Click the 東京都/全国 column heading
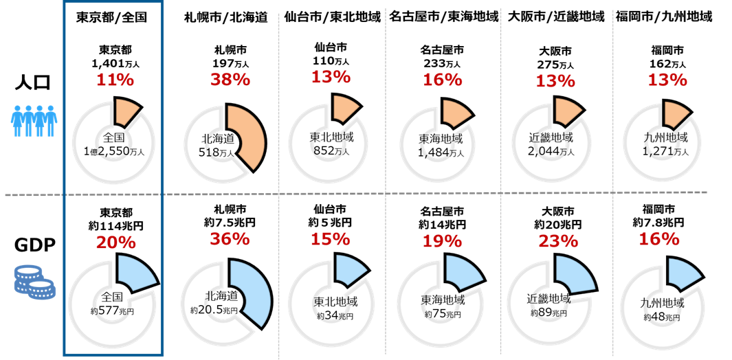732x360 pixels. click(x=113, y=17)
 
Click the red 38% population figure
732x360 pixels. click(x=230, y=80)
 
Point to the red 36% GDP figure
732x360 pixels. click(x=230, y=238)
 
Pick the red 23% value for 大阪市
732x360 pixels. click(x=558, y=240)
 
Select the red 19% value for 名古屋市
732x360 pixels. click(x=443, y=240)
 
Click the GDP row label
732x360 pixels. click(x=32, y=247)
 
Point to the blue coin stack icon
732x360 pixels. click(x=32, y=280)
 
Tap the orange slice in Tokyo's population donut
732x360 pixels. click(x=128, y=110)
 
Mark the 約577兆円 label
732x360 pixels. click(x=112, y=311)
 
